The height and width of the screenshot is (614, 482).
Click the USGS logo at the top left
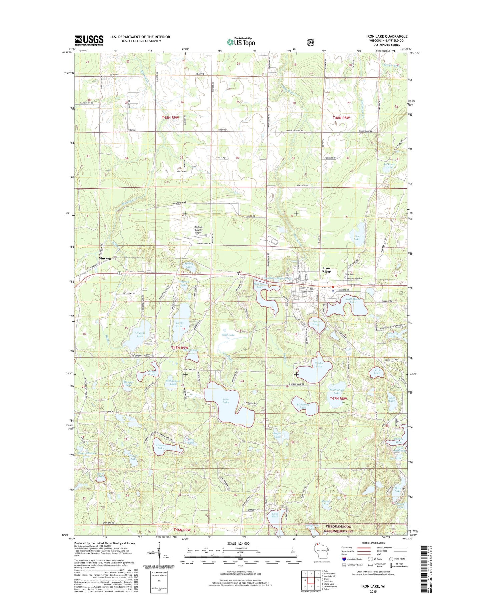[89, 40]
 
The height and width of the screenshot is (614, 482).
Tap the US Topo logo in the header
[241, 42]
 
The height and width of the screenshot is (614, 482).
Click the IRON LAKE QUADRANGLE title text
[387, 36]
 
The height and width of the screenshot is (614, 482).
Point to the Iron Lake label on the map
[226, 401]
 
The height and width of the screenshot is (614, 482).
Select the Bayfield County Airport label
[199, 230]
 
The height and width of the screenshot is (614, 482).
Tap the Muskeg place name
[105, 259]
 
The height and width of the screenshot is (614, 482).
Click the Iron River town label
[326, 270]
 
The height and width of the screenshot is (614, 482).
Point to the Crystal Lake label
[140, 334]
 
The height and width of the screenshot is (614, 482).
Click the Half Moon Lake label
[353, 300]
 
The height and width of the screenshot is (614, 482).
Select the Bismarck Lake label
[303, 406]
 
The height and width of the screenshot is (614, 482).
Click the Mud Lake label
[228, 335]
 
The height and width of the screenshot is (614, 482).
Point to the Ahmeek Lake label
[160, 447]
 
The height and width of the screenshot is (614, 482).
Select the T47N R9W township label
[180, 348]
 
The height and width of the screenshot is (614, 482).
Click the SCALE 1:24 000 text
[238, 544]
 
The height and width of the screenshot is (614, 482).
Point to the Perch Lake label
[377, 372]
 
